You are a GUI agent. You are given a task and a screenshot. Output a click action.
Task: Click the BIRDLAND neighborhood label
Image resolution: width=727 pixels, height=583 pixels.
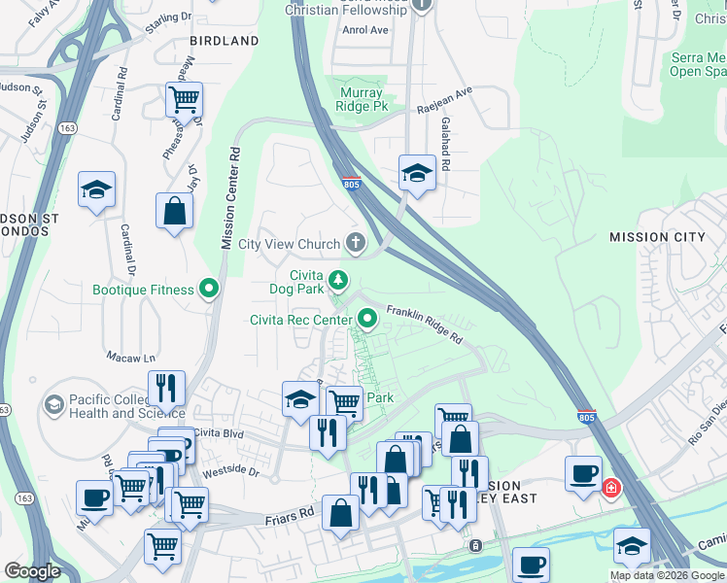(225, 41)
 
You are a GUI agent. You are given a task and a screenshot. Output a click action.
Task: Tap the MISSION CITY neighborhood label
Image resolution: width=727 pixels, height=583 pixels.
(657, 237)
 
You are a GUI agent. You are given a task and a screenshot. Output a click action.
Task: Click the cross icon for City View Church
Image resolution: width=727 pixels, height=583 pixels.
(356, 244)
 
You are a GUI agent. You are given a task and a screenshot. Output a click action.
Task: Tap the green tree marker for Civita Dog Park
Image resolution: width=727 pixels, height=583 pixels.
(337, 281)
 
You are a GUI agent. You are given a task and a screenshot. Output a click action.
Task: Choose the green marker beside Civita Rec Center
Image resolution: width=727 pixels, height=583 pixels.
(367, 318)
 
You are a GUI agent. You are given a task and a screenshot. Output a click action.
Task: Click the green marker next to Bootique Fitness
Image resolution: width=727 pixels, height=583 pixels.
(208, 289)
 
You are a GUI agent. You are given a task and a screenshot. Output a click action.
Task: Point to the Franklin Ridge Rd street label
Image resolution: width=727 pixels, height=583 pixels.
(424, 324)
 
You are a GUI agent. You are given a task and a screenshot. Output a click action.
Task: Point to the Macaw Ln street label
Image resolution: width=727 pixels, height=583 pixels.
(129, 357)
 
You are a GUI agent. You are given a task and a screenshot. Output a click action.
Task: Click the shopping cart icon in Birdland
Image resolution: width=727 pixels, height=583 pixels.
(184, 98)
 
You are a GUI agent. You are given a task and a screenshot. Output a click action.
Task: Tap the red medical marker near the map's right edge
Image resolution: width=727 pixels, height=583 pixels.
(611, 487)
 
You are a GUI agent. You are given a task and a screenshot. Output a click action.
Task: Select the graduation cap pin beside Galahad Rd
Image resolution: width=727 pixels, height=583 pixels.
(416, 174)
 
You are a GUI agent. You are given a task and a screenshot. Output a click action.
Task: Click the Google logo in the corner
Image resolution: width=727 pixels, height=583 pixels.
(32, 570)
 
